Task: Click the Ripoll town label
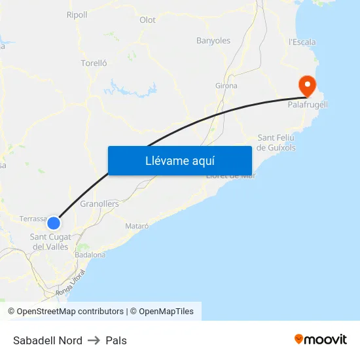[77, 15]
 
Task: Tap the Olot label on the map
[147, 20]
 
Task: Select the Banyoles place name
[213, 41]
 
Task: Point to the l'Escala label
[302, 42]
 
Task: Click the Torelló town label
[94, 63]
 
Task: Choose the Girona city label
[226, 86]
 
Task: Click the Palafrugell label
[308, 105]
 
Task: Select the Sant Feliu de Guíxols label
[276, 143]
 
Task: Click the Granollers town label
[99, 204]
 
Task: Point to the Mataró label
[137, 226]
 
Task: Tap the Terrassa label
[33, 218]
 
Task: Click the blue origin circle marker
[54, 223]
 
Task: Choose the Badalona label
[90, 255]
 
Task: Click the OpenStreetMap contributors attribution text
[65, 312]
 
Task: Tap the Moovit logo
[321, 339]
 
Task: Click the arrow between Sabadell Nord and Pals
[94, 340]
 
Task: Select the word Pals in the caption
[116, 340]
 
